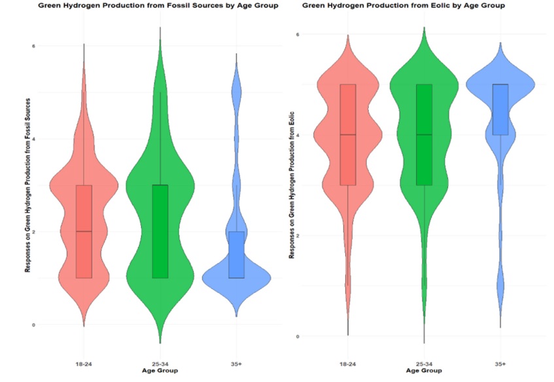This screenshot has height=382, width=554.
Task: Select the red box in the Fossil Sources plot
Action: [83, 232]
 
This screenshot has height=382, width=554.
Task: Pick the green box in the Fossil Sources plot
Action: [160, 232]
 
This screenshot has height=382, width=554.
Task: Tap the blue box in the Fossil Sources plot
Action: [236, 254]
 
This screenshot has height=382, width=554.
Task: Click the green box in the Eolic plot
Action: [424, 135]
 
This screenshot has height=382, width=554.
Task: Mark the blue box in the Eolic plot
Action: [500, 109]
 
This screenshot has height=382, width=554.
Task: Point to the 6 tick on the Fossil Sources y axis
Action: [34, 46]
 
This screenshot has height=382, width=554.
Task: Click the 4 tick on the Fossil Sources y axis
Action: [34, 139]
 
